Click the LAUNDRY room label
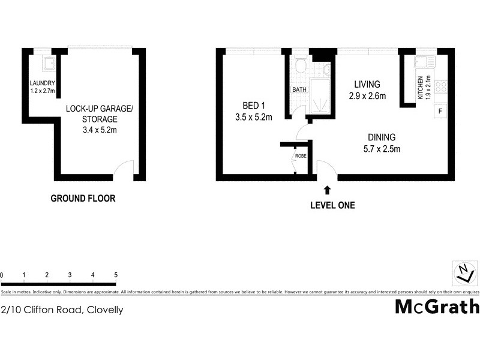[43, 83]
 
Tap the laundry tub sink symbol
[47, 63]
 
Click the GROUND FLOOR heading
[82, 198]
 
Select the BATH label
[299, 90]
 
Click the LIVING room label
[367, 84]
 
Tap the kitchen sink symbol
[427, 62]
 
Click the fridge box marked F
[440, 111]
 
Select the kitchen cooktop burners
[441, 87]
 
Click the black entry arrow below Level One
[327, 190]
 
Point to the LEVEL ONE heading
[332, 205]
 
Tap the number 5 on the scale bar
[115, 275]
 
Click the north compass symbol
[463, 274]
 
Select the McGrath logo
[437, 307]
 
